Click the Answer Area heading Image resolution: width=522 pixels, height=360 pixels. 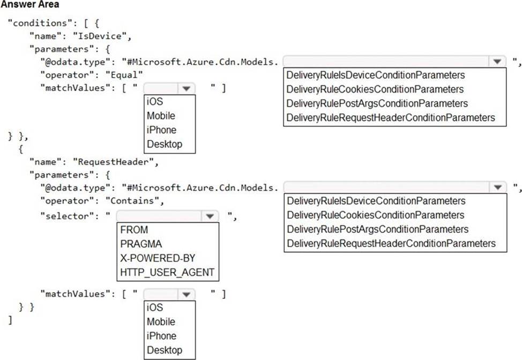click(30, 5)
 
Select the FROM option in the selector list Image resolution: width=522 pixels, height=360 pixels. click(134, 230)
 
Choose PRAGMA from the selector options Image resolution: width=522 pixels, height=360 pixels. click(141, 244)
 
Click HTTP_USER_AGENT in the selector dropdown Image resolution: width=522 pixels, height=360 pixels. click(167, 272)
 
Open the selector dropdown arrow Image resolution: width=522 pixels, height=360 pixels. click(208, 216)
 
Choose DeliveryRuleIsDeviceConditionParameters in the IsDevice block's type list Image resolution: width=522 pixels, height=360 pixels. click(376, 75)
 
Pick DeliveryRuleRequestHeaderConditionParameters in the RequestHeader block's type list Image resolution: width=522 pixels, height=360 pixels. click(391, 243)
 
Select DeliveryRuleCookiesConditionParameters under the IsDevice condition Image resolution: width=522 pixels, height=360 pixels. click(375, 89)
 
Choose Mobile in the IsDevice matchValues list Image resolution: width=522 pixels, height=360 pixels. click(161, 116)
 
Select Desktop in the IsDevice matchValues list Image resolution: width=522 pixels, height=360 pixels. click(164, 144)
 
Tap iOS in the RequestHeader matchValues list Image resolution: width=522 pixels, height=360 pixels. click(155, 308)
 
